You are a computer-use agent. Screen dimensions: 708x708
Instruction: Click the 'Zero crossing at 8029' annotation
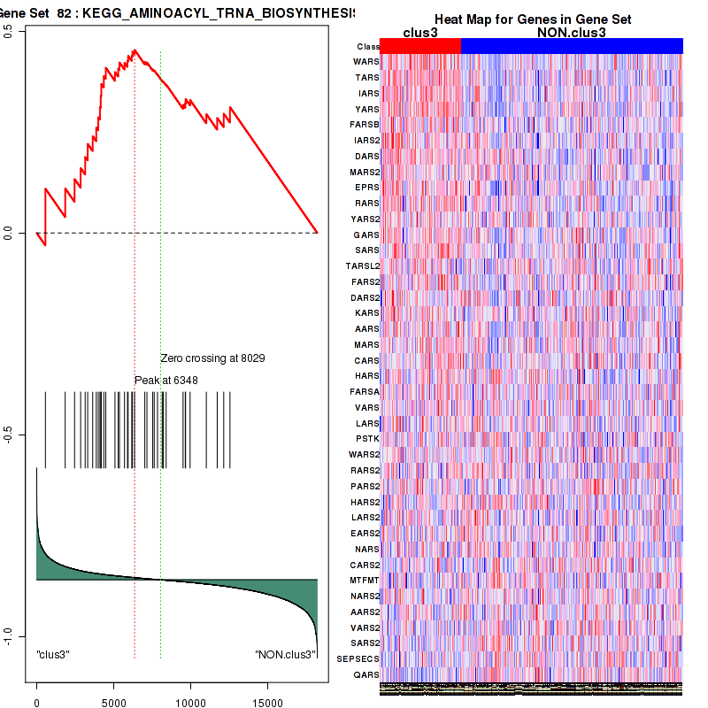point(212,358)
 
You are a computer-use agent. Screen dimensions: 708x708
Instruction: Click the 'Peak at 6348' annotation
point(165,380)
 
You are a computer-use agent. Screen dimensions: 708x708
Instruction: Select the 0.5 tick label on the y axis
point(9,31)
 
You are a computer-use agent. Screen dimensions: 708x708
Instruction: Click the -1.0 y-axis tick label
point(9,635)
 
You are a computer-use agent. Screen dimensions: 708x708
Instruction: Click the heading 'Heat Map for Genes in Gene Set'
point(532,19)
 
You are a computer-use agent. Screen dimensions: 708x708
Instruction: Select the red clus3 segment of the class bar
point(420,46)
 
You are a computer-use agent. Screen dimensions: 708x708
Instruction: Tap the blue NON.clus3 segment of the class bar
point(572,46)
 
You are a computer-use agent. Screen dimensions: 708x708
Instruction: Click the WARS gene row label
point(366,62)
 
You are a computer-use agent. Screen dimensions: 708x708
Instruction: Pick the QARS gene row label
point(366,674)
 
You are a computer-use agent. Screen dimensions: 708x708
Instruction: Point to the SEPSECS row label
point(361,658)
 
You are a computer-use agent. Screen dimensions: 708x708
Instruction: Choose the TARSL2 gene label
point(363,265)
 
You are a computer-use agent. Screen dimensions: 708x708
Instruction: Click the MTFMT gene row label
point(365,580)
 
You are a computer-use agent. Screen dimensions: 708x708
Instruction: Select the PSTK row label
point(367,438)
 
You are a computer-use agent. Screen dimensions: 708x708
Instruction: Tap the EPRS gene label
point(366,188)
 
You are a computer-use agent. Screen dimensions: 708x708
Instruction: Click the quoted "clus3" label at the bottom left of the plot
point(53,655)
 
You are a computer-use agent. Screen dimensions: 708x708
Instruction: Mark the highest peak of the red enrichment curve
point(135,50)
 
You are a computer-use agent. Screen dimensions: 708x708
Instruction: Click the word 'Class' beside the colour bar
point(368,47)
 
